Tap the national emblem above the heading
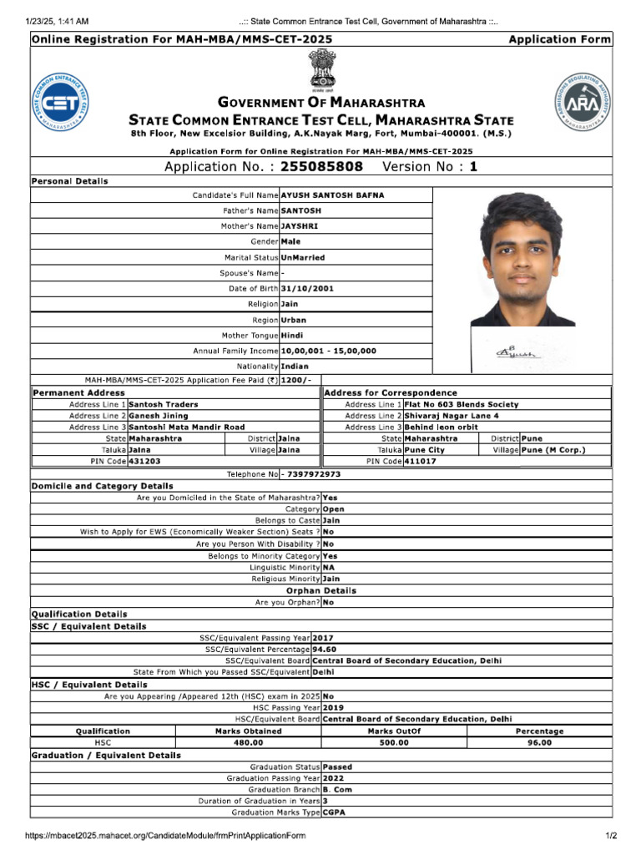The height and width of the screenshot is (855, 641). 321,70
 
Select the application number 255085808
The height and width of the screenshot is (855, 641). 321,166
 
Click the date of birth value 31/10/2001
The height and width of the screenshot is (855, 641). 307,288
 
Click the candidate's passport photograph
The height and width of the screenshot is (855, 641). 522,260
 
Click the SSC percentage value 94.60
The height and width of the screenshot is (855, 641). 325,649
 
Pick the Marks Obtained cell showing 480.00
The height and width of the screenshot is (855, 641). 248,742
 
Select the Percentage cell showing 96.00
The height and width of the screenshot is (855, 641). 539,742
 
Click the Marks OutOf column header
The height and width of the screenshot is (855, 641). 394,731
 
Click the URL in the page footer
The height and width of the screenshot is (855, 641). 165,836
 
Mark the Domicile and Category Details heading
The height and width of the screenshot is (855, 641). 103,486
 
